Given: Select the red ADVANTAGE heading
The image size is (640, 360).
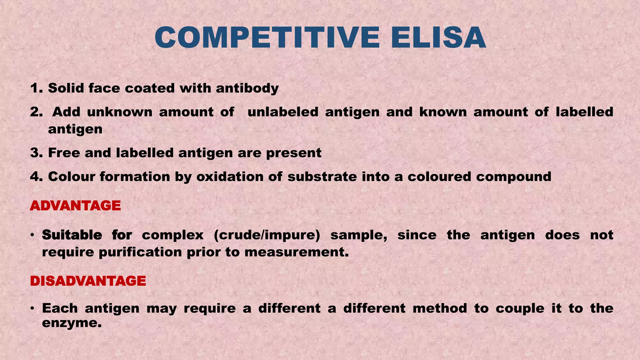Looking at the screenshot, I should coord(75,206).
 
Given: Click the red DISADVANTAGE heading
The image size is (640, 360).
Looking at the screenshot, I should coord(88,281).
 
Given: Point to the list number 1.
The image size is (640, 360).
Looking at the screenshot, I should coord(36,88).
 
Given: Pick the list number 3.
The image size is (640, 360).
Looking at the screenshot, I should coord(36,153).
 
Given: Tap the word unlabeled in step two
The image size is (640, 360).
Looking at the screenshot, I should coord(283,112).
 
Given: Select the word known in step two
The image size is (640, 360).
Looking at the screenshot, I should coord(443,112).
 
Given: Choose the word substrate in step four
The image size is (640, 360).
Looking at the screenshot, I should coord(322,177).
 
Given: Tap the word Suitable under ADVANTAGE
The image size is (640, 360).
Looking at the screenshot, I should coord(72,235).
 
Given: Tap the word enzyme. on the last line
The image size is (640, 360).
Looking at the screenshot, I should coord(72,323).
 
